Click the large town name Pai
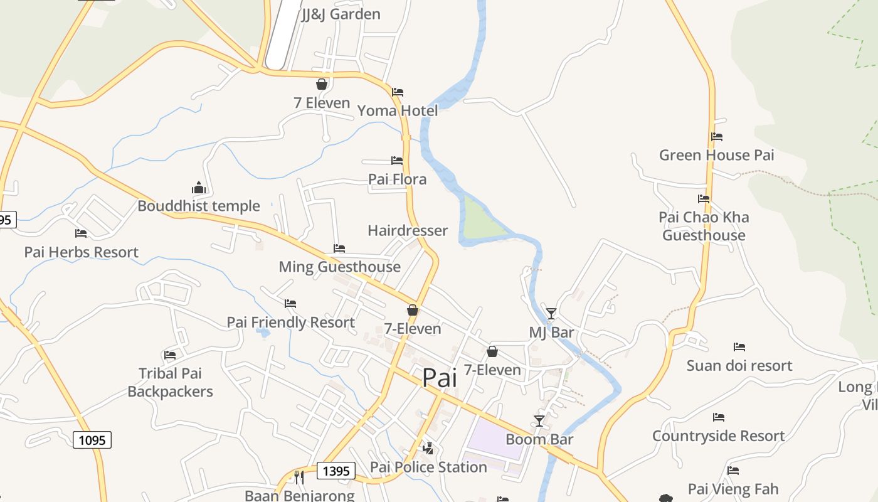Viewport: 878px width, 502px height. tap(439, 378)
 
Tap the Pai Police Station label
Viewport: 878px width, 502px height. tap(428, 467)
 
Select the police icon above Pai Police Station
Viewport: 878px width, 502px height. tap(428, 448)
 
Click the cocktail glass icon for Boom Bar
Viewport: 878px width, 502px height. tap(539, 420)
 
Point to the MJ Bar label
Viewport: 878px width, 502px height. tap(551, 332)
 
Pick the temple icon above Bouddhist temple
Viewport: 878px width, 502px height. tap(199, 188)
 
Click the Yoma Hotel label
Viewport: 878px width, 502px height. tap(398, 111)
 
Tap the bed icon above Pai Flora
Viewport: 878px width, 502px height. tap(397, 161)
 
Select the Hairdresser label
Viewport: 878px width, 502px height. tap(408, 230)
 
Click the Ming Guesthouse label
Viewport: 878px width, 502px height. tap(339, 267)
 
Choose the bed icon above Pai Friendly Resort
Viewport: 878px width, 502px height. tap(290, 304)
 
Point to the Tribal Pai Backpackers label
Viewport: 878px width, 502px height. tap(170, 383)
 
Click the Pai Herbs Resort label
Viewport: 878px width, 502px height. tap(81, 252)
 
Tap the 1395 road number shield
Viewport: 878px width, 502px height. tap(336, 471)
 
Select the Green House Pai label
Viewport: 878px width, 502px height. tap(716, 155)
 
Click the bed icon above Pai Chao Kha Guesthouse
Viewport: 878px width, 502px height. tap(704, 199)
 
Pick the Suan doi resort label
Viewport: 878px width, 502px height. tap(739, 365)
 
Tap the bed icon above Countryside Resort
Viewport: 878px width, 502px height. tap(719, 417)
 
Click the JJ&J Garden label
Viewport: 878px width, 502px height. tap(341, 14)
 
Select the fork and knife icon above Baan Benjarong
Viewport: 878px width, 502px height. tap(299, 477)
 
